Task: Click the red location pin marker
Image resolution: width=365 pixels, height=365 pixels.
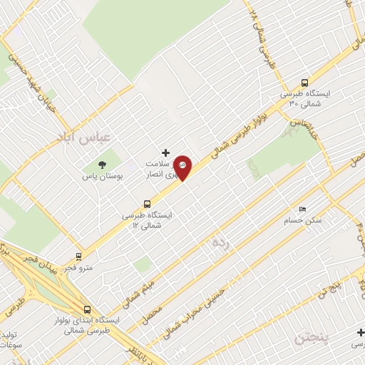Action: (183, 166)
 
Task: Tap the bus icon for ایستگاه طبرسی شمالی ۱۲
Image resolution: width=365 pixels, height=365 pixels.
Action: (147, 203)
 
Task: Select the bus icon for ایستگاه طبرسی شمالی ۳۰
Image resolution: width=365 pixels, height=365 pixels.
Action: (305, 82)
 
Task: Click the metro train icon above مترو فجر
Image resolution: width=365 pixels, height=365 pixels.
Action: (78, 256)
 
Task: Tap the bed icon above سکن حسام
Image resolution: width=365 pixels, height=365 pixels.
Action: (302, 210)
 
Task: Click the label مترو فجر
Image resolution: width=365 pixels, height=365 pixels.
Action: (78, 268)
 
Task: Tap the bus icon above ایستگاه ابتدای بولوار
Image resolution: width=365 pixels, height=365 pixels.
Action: (87, 309)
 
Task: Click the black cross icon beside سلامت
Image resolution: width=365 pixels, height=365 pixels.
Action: (166, 153)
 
